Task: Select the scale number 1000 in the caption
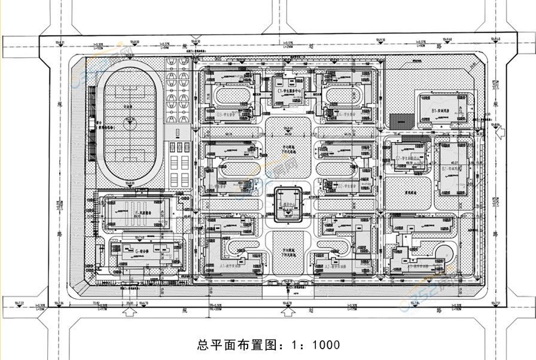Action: (x=325, y=345)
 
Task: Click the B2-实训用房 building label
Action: (x=450, y=169)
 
